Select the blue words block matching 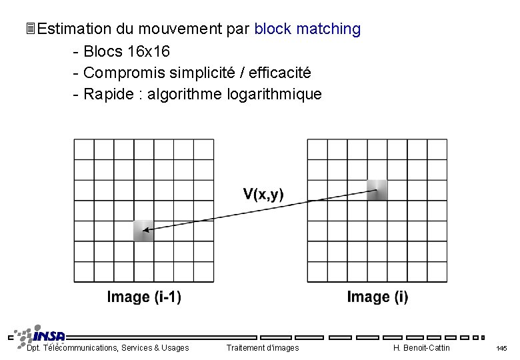tap(307, 29)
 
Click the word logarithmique tap(275, 95)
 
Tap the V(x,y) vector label tap(263, 195)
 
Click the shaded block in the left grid tap(143, 231)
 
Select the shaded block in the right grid tap(377, 190)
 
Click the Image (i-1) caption tap(144, 297)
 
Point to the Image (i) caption tap(377, 297)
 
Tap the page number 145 tap(502, 349)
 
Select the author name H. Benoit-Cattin tap(421, 348)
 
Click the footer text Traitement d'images tap(263, 348)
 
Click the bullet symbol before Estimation tap(29, 29)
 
